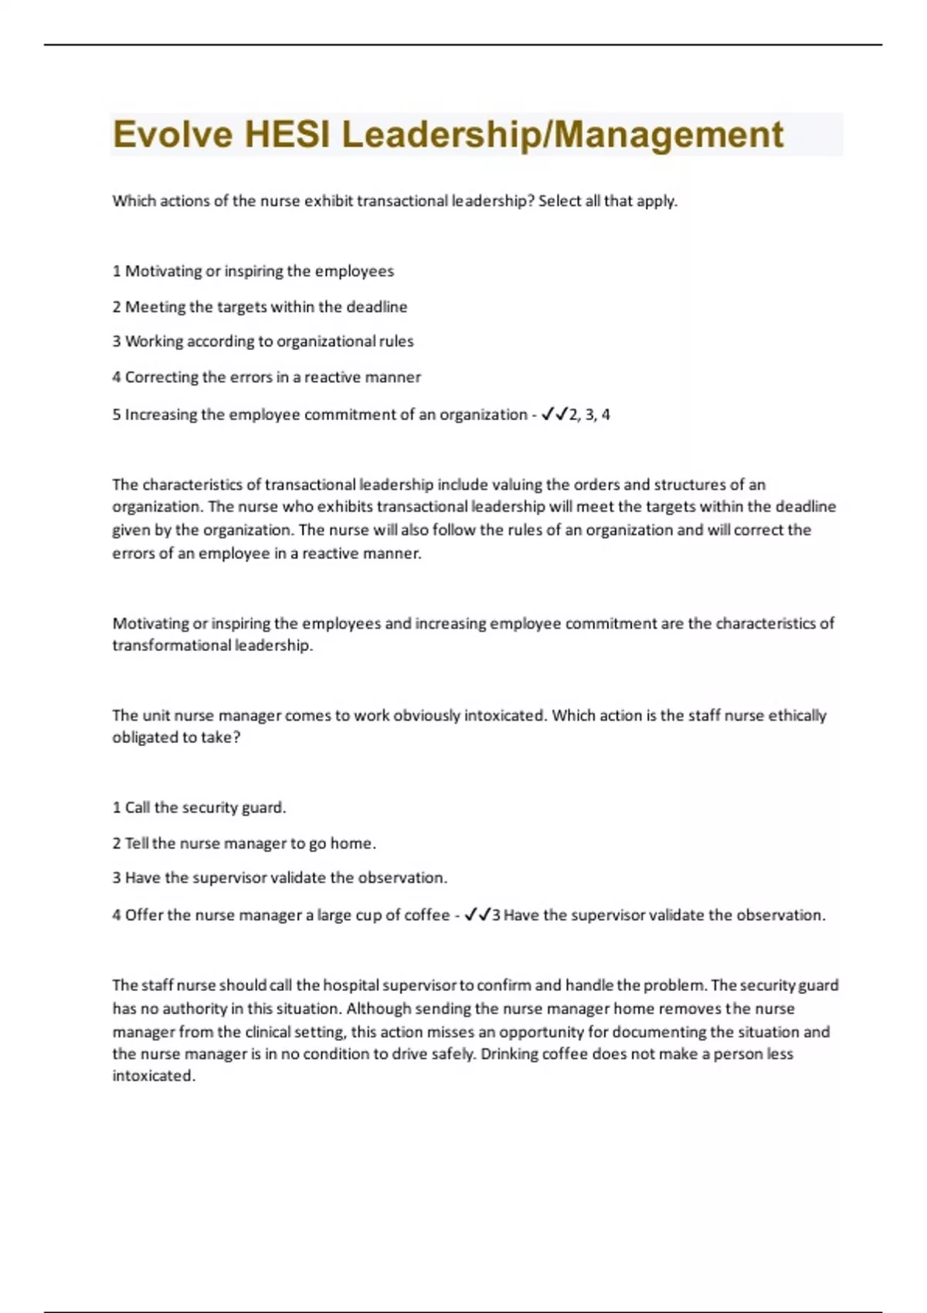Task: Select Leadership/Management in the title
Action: click(562, 134)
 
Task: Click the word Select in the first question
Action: click(559, 201)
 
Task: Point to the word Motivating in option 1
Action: click(163, 271)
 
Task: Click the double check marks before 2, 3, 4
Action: click(554, 415)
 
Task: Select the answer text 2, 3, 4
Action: click(589, 415)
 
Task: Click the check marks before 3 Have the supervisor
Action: click(477, 915)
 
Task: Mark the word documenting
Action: click(658, 1032)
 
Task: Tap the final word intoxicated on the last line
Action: click(154, 1076)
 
